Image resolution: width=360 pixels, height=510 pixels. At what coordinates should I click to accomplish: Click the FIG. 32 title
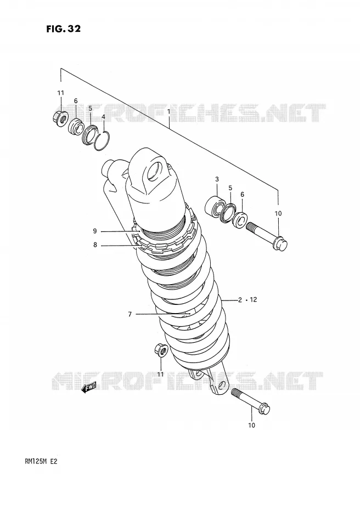[x=63, y=29]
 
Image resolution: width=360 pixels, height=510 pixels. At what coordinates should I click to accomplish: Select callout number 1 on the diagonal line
[x=168, y=111]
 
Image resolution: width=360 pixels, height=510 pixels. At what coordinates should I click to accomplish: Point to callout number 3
[x=217, y=179]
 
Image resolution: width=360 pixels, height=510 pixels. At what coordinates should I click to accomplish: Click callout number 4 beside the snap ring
[x=103, y=116]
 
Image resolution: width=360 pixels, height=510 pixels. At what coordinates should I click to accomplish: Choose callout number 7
[x=130, y=314]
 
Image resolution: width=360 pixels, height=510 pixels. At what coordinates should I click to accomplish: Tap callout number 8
[x=95, y=245]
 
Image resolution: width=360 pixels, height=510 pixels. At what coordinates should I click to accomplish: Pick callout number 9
[x=95, y=231]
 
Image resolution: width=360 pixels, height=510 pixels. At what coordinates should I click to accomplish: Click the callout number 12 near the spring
[x=253, y=299]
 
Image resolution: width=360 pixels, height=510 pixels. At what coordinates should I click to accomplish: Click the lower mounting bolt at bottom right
[x=251, y=401]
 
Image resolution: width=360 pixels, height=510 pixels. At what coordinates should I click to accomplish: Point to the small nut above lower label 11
[x=161, y=350]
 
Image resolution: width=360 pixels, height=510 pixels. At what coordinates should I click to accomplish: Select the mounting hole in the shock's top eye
[x=154, y=171]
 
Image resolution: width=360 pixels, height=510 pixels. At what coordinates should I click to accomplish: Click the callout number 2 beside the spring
[x=240, y=299]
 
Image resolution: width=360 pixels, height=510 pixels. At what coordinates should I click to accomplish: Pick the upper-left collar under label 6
[x=76, y=127]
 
